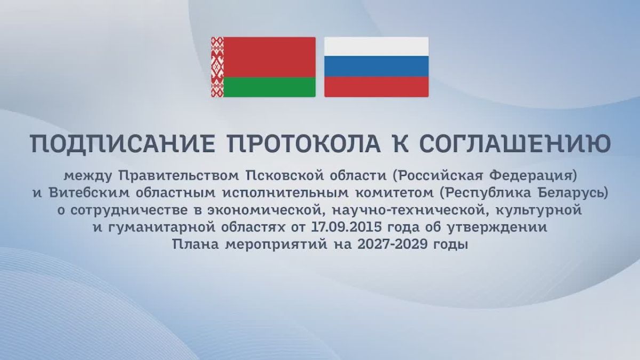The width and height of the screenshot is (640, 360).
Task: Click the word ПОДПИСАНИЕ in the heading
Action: click(122, 143)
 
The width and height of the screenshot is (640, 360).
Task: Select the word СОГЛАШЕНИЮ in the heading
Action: click(515, 143)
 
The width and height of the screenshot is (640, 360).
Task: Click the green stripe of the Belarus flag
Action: click(269, 87)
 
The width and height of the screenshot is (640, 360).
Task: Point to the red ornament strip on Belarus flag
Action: click(217, 67)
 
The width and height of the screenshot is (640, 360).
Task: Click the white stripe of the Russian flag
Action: click(377, 46)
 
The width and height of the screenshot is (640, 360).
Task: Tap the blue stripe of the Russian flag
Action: click(377, 66)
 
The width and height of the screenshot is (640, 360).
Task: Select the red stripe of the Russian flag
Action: click(377, 87)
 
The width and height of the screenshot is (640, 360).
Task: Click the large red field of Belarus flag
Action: click(269, 57)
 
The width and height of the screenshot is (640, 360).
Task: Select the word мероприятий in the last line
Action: click(276, 245)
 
